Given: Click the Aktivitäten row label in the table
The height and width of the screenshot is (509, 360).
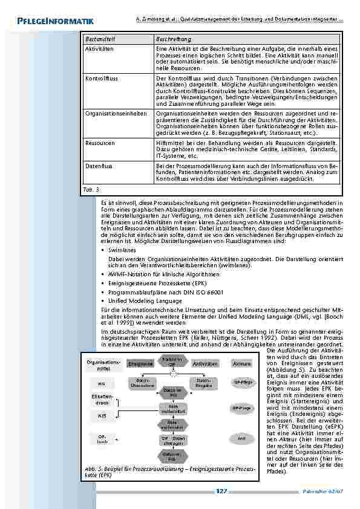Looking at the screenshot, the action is point(99,48).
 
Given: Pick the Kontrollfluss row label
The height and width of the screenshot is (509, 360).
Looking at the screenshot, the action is point(100,79).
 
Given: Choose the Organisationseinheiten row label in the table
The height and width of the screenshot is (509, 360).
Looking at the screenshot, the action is point(116,113).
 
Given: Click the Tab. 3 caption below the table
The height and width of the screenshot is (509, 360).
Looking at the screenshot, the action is point(90,189).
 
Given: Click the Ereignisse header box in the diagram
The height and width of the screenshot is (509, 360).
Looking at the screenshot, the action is point(140,364).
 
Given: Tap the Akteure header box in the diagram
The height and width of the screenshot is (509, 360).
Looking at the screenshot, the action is point(241,364).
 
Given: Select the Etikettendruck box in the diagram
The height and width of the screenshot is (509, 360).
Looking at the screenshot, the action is point(100,400).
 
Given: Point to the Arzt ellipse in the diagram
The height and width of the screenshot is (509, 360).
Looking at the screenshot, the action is point(241,436).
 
